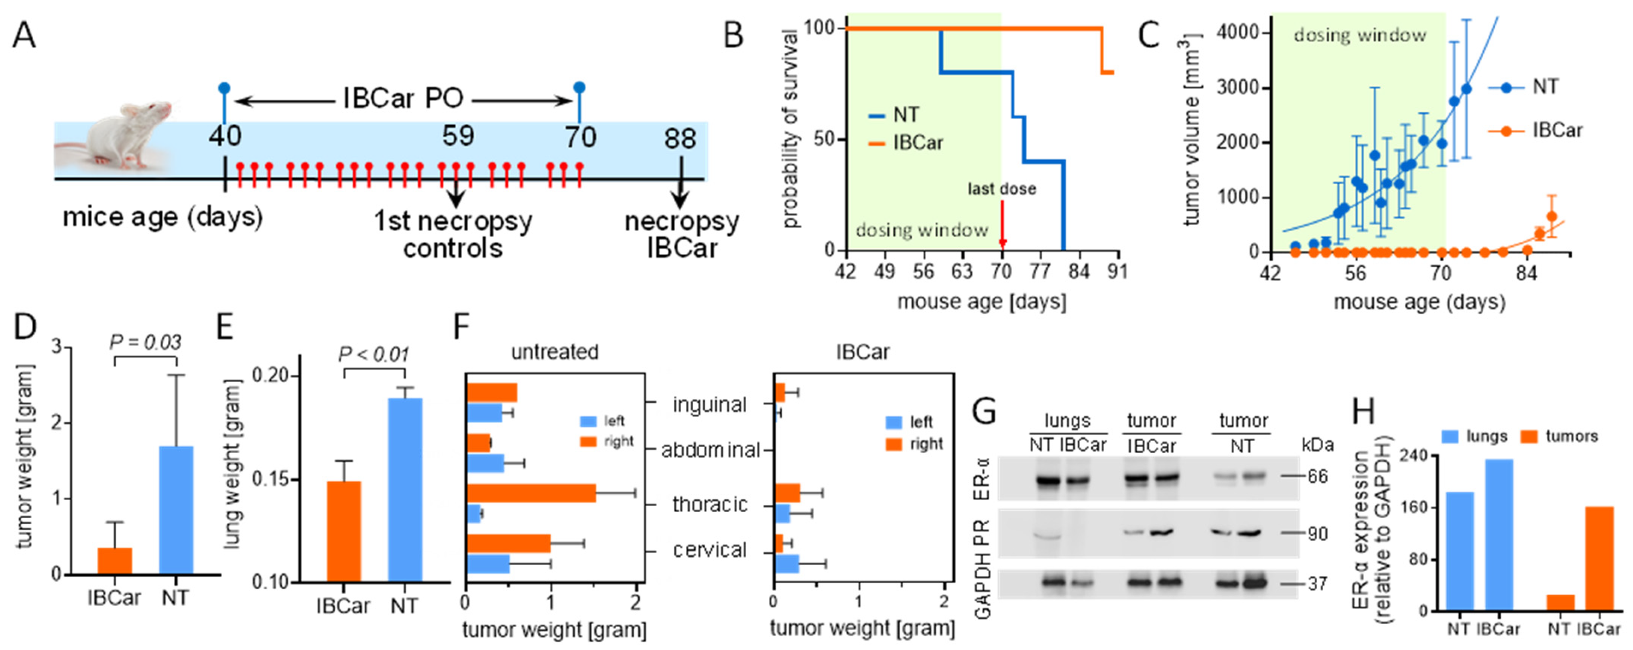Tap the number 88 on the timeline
(x=680, y=138)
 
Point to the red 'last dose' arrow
(x=1001, y=225)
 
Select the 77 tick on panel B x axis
(x=1040, y=271)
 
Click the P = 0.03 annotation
(x=145, y=342)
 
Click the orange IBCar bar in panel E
(x=343, y=532)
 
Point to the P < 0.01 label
(x=374, y=354)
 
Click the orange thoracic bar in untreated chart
(x=531, y=493)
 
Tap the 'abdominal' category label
(x=710, y=450)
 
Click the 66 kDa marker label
(x=1317, y=476)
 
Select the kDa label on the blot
(x=1317, y=445)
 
